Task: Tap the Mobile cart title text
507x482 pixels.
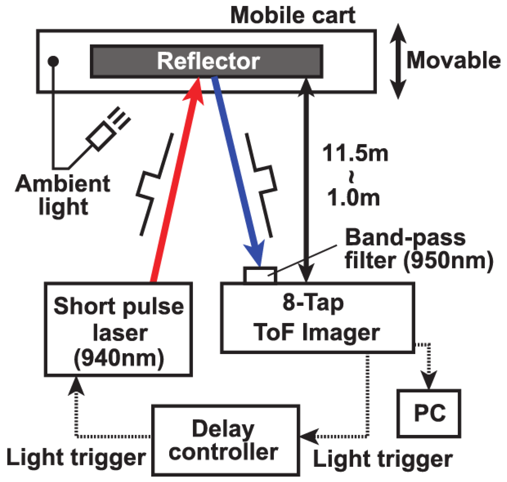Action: (x=293, y=16)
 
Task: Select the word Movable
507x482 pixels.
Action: (x=453, y=60)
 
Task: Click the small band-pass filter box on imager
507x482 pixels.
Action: (x=260, y=275)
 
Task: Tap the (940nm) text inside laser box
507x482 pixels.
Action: (x=119, y=358)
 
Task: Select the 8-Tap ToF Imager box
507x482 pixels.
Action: (x=317, y=318)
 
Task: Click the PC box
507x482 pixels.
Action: (x=429, y=413)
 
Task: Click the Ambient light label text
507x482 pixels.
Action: (x=63, y=195)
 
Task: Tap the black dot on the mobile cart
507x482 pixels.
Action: (x=53, y=61)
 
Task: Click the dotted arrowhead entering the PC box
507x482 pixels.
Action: (x=429, y=380)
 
